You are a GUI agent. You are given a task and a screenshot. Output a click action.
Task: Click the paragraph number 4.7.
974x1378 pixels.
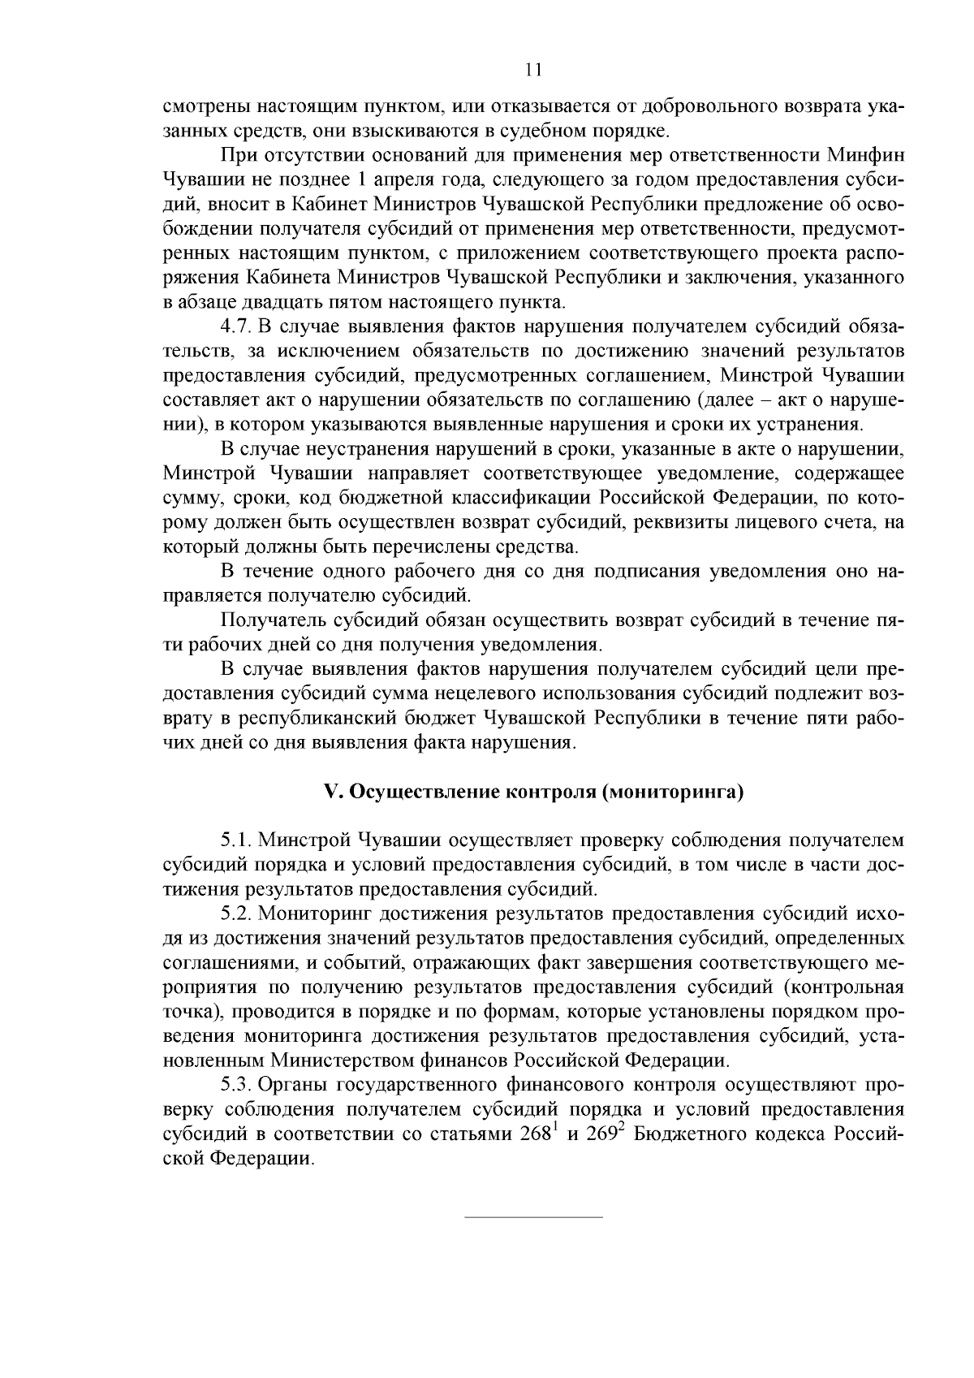click(235, 327)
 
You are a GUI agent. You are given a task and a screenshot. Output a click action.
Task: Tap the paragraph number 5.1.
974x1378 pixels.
click(235, 839)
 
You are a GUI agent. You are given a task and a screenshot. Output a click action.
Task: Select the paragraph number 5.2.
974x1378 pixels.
click(235, 913)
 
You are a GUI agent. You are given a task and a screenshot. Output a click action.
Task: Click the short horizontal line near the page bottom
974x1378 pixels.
click(532, 1217)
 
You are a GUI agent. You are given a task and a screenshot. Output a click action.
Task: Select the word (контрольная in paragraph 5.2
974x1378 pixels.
click(845, 987)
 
